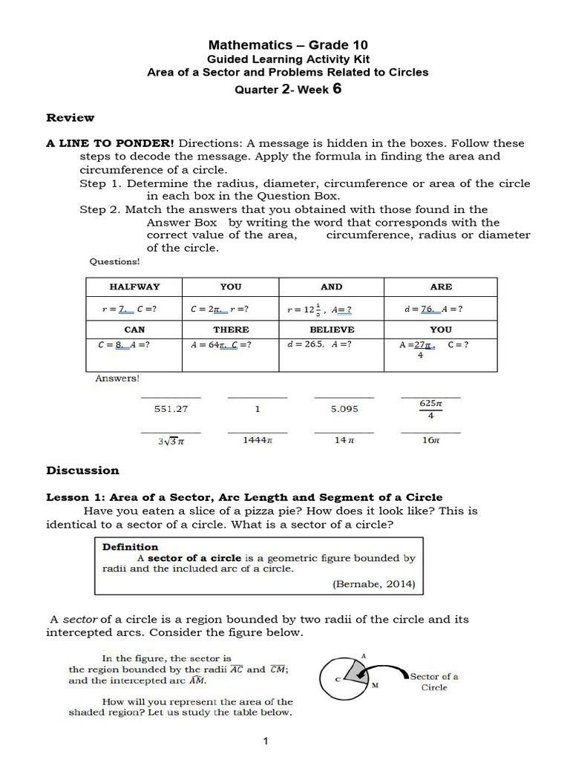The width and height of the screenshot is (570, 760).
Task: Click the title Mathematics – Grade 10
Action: pos(287,45)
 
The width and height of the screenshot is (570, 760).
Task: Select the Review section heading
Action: pos(71,117)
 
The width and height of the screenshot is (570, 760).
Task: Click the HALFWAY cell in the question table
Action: pos(134,286)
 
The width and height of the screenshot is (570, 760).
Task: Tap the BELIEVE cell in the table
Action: pos(331,329)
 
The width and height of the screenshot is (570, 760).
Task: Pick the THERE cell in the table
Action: pos(231,329)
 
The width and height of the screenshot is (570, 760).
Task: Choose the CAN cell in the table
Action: pos(134,329)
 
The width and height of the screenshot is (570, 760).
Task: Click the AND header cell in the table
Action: pos(331,286)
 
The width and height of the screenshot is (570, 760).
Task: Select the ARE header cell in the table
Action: pos(440,286)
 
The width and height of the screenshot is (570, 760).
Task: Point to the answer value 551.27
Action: pos(171,409)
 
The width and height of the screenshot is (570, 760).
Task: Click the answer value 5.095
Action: pos(344,409)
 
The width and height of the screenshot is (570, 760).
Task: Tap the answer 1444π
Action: pos(258,440)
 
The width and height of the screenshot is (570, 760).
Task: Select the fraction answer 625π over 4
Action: pos(430,410)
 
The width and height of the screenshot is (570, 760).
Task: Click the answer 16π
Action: pos(430,440)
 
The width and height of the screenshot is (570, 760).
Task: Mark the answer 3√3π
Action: pos(171,441)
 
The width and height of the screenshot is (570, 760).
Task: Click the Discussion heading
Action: pos(82,470)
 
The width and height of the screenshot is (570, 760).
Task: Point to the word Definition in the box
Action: pos(130,547)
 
